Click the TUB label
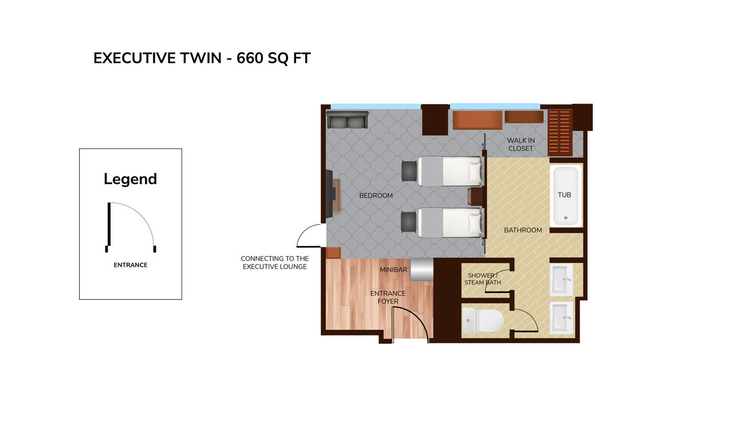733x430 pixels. (x=564, y=195)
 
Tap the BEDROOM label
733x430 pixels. (x=376, y=196)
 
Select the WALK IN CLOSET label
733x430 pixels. (x=521, y=144)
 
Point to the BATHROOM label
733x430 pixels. (x=523, y=230)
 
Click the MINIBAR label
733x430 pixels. (x=393, y=269)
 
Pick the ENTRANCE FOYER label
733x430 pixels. (x=388, y=297)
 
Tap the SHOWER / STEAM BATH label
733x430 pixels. (x=482, y=279)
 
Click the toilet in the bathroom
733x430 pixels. (x=483, y=320)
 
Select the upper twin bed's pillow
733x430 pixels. (x=475, y=171)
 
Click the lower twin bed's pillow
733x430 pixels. (x=475, y=222)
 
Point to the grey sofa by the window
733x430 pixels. (x=347, y=120)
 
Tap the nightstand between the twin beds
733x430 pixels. (x=475, y=197)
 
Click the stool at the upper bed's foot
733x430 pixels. (x=409, y=171)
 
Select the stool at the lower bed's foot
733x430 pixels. (x=409, y=222)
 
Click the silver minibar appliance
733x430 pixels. (x=421, y=269)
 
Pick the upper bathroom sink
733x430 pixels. (x=562, y=279)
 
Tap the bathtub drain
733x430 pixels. (x=566, y=218)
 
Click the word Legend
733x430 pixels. (x=130, y=179)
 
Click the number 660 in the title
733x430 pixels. (x=250, y=58)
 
